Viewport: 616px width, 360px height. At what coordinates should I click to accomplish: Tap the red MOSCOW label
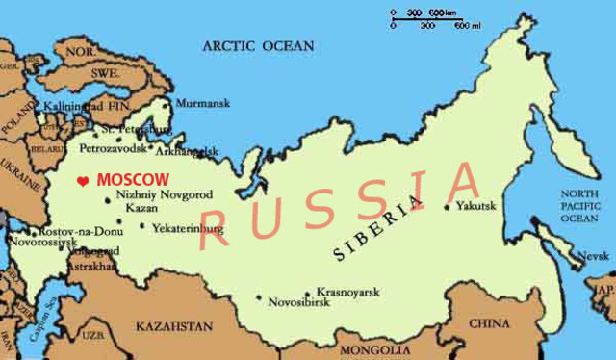(134, 180)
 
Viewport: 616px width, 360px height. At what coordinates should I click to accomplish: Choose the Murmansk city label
(200, 102)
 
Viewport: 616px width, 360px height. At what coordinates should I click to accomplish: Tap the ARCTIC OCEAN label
(257, 45)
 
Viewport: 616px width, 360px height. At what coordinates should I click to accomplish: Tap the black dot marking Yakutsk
(447, 205)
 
